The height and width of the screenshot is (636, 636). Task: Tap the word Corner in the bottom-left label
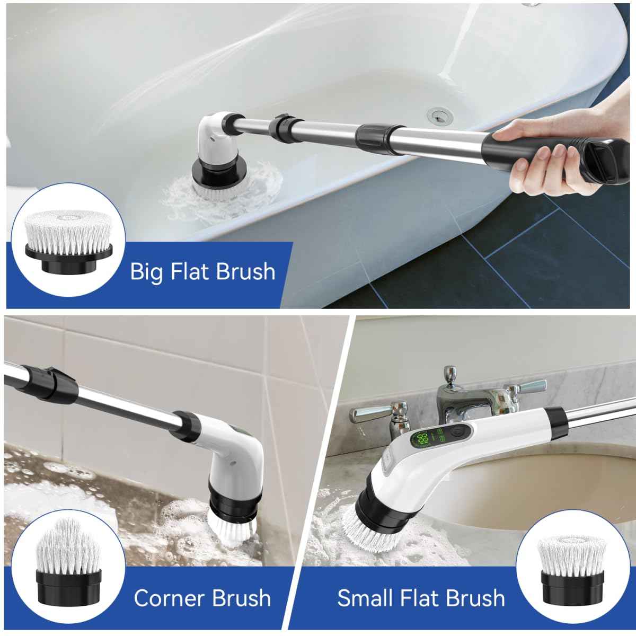point(169,598)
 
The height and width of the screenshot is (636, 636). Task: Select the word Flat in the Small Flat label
point(418,598)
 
